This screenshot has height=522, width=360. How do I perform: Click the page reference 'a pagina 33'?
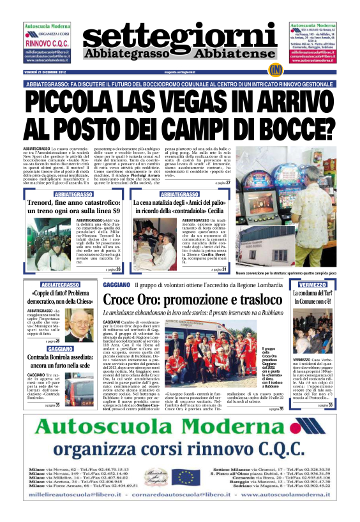click(x=326, y=387)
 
